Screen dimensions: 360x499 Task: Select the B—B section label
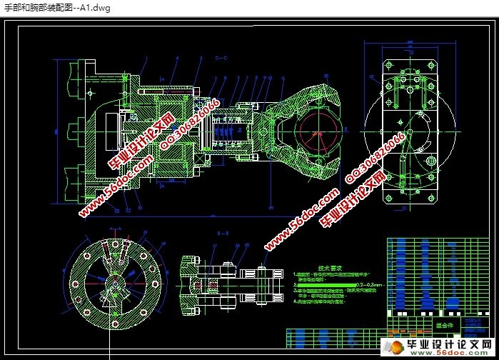[x=221, y=233]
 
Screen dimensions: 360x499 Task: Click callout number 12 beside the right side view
[x=372, y=75]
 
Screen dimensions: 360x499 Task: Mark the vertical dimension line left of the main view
[x=56, y=133]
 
